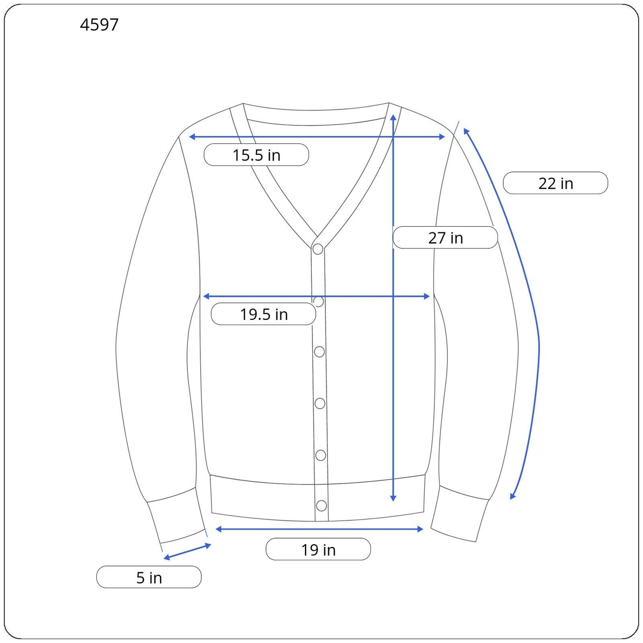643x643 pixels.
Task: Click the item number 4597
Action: (99, 25)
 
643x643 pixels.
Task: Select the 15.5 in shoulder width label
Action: (256, 155)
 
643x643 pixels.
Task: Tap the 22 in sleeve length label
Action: (555, 183)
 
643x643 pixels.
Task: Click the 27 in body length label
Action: (445, 238)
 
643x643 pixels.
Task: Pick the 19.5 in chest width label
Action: (264, 314)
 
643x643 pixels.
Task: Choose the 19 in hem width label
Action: (318, 549)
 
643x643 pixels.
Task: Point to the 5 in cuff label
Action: (149, 577)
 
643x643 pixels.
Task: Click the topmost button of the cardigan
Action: (318, 249)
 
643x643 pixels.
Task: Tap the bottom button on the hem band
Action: (321, 505)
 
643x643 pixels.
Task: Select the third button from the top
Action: (319, 352)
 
